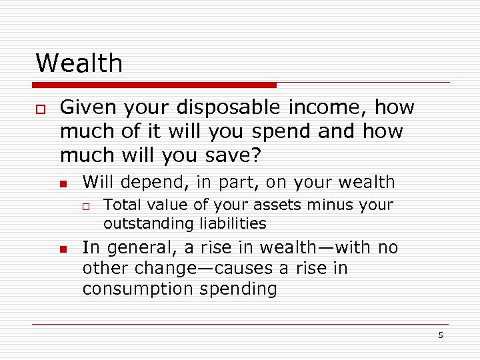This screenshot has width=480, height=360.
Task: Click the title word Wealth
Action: coord(79,63)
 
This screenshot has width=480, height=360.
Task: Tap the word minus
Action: coord(316,205)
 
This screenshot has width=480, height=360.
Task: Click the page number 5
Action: coord(441,335)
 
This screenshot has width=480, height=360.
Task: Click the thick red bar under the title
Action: coord(155,85)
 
